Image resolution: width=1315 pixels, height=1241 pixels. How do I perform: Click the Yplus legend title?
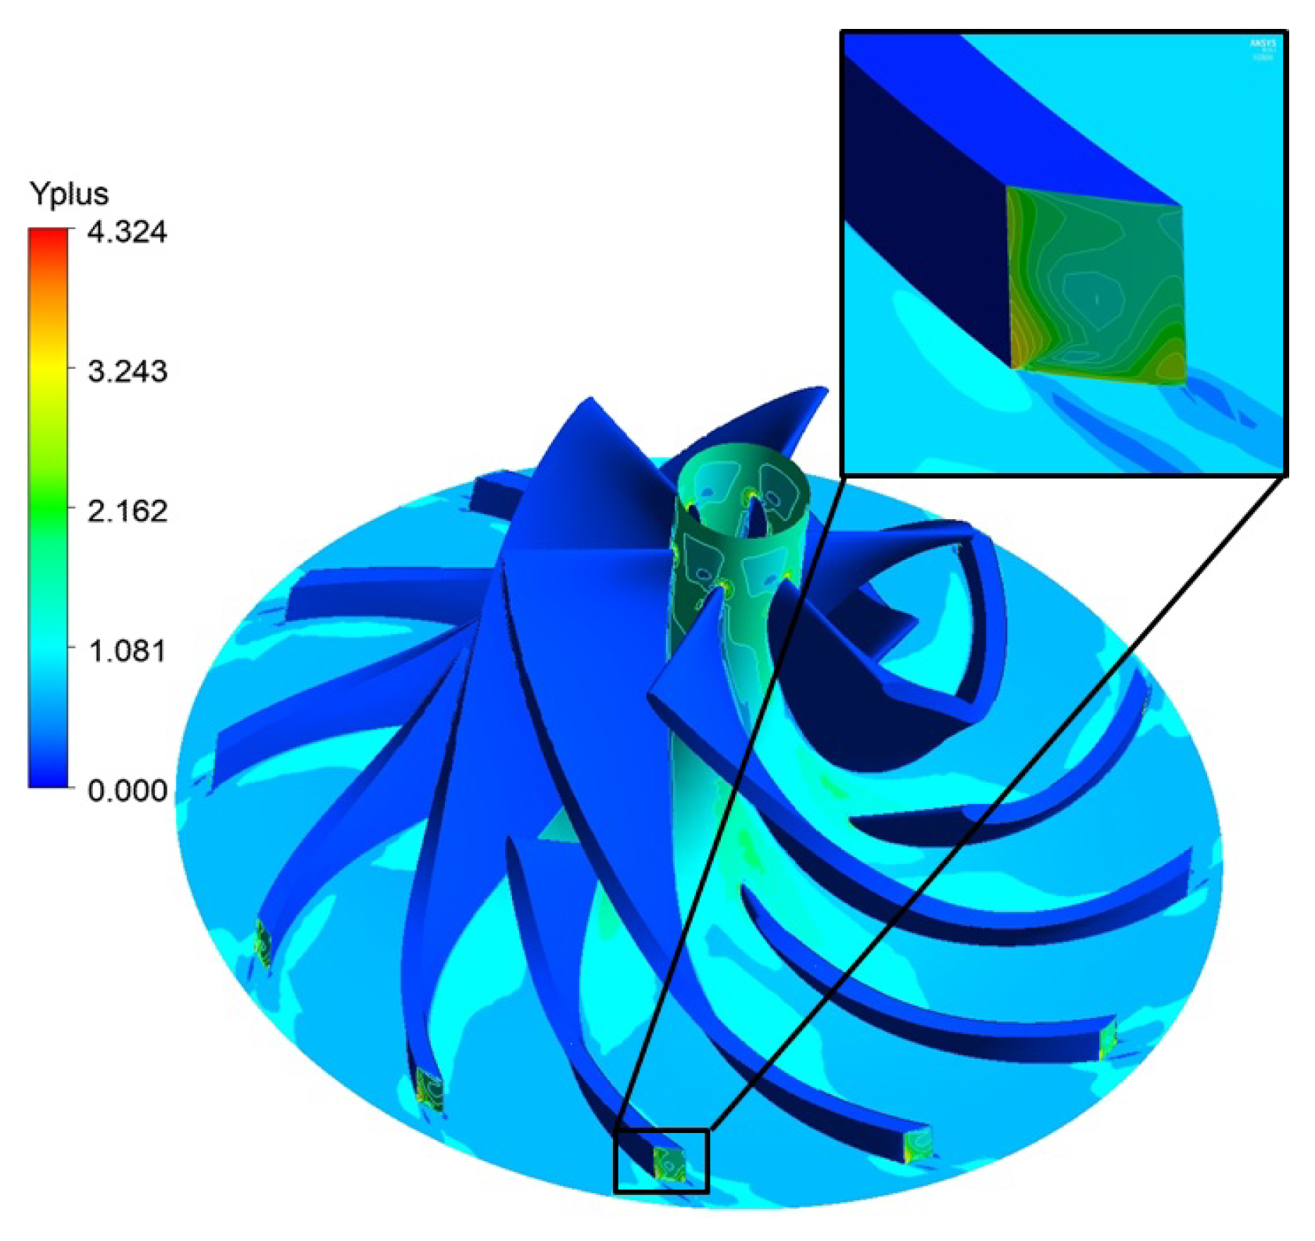(x=69, y=193)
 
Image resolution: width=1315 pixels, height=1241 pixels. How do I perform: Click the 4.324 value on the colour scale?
(x=127, y=232)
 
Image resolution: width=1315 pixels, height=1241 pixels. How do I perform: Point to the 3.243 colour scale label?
(x=127, y=371)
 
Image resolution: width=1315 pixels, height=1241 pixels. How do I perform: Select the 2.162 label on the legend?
(x=127, y=511)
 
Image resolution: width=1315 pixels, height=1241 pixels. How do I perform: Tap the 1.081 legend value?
(x=127, y=651)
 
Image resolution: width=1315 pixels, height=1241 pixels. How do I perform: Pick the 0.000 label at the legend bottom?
(x=127, y=791)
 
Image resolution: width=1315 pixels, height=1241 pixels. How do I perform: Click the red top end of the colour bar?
(x=48, y=235)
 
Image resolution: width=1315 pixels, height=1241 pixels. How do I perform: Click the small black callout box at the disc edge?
(x=661, y=1160)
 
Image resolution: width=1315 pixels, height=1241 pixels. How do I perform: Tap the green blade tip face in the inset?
(x=1095, y=289)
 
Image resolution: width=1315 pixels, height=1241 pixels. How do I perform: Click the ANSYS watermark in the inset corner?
(x=1263, y=48)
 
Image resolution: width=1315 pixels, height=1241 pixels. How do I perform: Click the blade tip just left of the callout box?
(x=429, y=1090)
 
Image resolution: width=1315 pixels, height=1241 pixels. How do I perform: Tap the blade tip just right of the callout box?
(x=917, y=1146)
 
